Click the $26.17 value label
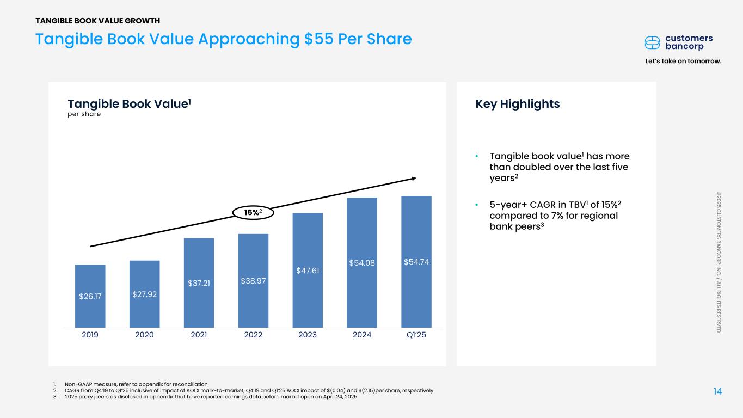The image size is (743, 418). click(x=90, y=297)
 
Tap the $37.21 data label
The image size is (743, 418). click(x=199, y=283)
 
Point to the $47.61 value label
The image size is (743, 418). click(x=308, y=270)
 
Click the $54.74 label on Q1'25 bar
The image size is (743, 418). click(x=416, y=262)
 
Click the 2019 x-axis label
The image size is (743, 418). click(x=90, y=335)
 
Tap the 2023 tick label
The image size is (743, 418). click(x=308, y=335)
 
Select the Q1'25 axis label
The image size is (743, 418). click(x=416, y=335)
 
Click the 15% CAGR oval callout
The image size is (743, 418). click(x=253, y=213)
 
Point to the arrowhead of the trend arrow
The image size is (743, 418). click(x=413, y=178)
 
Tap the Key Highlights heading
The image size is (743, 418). click(x=518, y=104)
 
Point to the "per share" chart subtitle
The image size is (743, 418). click(x=84, y=114)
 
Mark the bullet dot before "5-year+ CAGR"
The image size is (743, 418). click(x=477, y=205)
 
